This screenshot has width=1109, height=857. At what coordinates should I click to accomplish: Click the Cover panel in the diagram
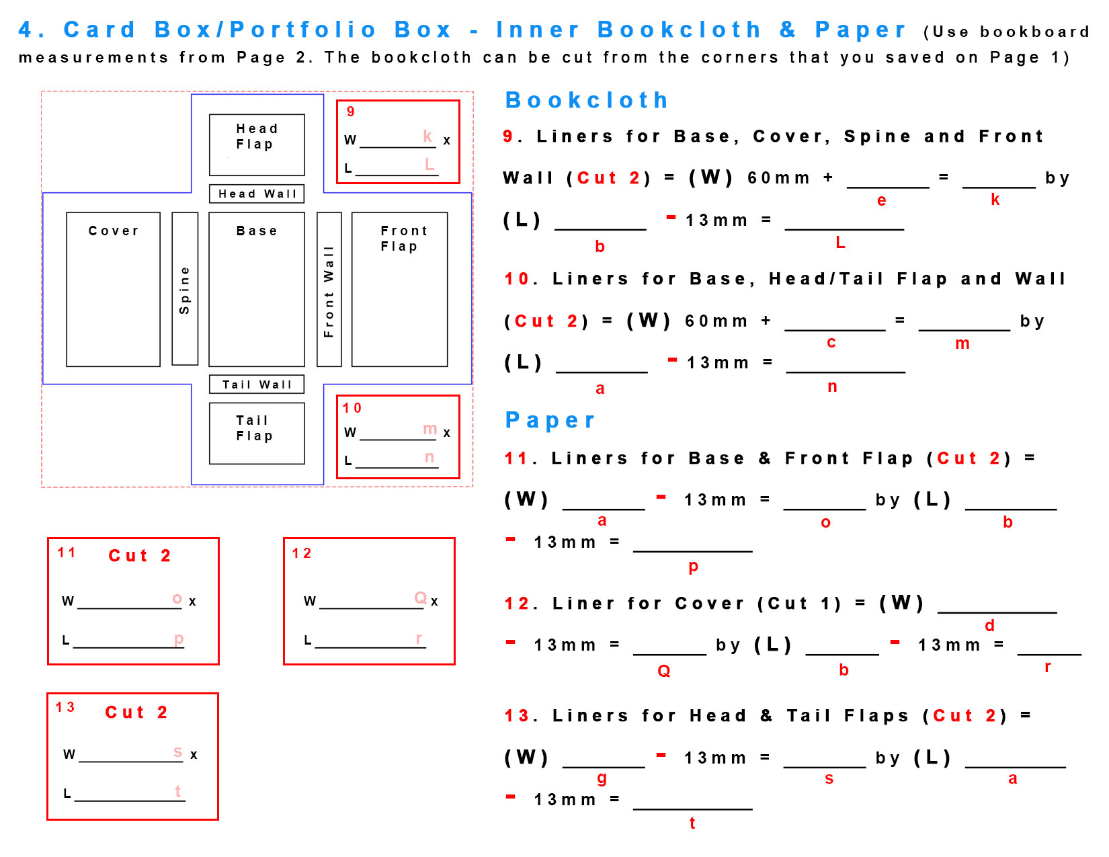(113, 289)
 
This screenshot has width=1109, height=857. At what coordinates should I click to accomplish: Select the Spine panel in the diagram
(185, 289)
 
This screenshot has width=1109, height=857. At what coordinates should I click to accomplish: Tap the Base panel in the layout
(256, 289)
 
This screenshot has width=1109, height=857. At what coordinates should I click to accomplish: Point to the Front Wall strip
(329, 289)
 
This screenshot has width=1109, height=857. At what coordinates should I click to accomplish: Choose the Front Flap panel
(399, 289)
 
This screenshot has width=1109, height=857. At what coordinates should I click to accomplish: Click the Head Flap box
(256, 145)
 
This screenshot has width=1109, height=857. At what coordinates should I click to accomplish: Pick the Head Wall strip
(256, 194)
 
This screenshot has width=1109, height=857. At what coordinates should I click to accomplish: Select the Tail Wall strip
(256, 384)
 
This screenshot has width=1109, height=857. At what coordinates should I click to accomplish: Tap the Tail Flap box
(256, 433)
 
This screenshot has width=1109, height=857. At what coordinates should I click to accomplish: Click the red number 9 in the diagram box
(350, 112)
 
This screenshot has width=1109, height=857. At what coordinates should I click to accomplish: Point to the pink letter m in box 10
(429, 429)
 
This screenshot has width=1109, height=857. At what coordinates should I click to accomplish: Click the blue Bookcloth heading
(586, 100)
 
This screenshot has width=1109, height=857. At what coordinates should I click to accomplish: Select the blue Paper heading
(550, 420)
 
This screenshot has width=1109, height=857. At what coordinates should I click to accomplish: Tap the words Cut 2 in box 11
(140, 556)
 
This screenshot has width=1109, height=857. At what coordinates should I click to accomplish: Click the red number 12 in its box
(301, 553)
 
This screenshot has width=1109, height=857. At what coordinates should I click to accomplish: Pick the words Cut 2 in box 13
(136, 712)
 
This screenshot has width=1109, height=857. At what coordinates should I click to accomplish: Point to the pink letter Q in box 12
(421, 598)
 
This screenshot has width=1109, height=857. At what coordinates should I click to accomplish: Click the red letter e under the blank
(881, 200)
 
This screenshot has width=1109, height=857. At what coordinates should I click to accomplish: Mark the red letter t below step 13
(692, 823)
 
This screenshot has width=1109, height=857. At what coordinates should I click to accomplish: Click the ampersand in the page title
(788, 30)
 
